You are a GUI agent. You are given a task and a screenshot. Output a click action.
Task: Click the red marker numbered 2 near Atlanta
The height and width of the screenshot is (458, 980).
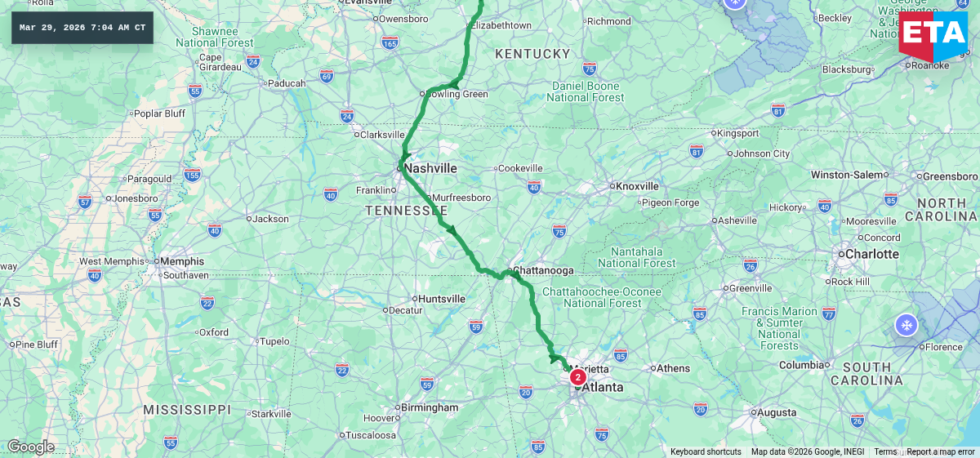point(577,377)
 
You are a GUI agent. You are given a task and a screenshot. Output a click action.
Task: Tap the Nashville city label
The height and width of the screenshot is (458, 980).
point(430,168)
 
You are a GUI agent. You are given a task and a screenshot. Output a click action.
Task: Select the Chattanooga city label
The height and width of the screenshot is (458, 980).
point(543,270)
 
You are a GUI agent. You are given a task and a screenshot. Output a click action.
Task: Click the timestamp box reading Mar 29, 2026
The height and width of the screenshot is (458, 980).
point(82,28)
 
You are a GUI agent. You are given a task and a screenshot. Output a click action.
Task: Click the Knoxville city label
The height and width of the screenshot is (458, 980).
point(637,185)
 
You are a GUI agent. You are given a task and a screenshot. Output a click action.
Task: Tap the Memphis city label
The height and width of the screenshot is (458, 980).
point(182,261)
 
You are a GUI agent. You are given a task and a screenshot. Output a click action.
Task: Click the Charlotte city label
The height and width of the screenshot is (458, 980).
point(871,254)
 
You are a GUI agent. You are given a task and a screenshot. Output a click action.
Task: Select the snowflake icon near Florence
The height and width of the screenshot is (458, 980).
point(906,325)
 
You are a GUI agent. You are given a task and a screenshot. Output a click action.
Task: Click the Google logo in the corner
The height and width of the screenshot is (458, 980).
point(30,447)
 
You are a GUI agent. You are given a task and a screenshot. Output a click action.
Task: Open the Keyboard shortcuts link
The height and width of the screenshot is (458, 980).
point(706,452)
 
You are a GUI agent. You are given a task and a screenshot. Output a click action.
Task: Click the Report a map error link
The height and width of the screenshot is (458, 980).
point(940,452)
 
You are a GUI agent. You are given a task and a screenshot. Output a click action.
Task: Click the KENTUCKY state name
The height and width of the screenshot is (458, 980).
point(532,54)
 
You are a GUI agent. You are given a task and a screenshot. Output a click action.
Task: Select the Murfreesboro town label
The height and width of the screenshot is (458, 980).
point(461,198)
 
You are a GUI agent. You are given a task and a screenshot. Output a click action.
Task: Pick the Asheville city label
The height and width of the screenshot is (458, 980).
point(737,220)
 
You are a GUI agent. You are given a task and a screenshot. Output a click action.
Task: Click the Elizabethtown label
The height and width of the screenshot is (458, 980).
point(501,25)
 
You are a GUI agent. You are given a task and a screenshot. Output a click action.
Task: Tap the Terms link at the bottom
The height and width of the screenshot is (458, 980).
point(885,452)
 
